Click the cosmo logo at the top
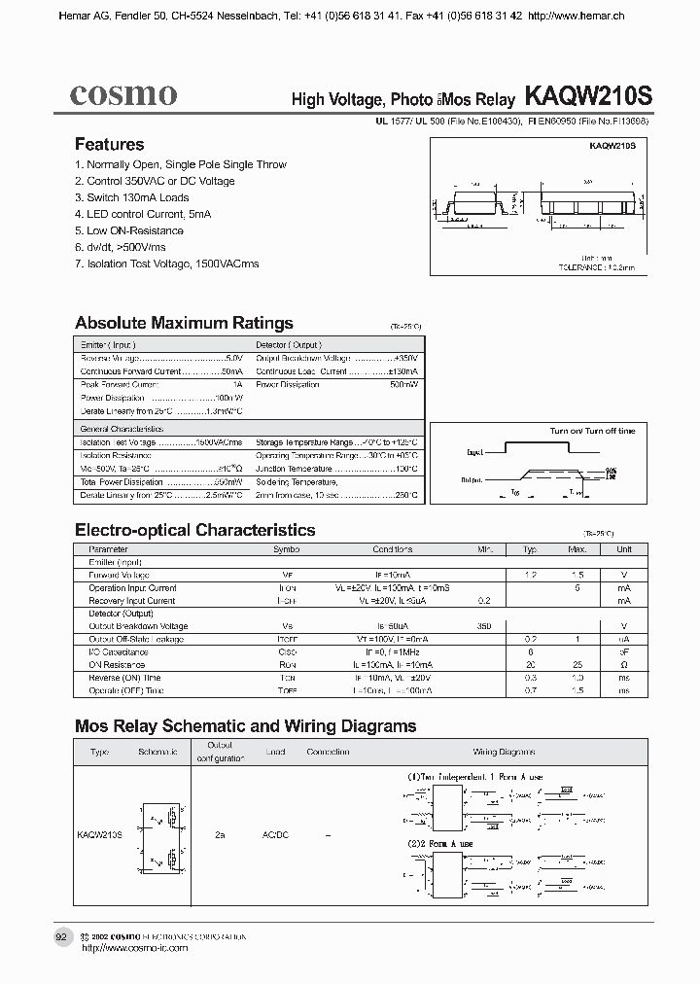pos(122,94)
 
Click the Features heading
pos(109,144)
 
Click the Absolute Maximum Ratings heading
pos(184,323)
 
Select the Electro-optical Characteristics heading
pos(194,530)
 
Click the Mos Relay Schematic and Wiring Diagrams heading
pos(245,726)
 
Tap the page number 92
pos(61,936)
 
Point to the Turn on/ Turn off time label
pos(592,431)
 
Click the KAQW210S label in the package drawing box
pos(612,145)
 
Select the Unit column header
pos(623,549)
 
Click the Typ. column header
pos(531,549)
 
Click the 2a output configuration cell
pos(221,835)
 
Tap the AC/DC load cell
pos(276,835)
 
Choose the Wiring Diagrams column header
pos(498,753)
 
